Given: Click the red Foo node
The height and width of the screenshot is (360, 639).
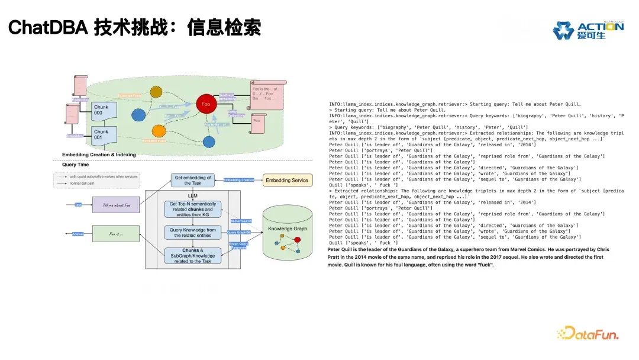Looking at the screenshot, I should tap(205, 104).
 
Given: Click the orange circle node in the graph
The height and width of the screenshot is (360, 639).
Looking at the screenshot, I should tap(159, 131).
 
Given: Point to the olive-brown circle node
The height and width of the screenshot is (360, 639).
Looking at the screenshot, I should tap(156, 92).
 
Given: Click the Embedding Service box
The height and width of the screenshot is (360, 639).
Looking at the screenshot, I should tap(286, 180).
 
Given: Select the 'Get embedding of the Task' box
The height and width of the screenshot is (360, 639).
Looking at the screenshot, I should tap(192, 180).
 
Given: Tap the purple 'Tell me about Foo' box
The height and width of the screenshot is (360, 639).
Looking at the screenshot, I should tap(115, 205).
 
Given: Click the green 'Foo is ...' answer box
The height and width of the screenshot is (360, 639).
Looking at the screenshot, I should tap(115, 234).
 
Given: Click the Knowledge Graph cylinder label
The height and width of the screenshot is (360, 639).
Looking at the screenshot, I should tap(288, 229).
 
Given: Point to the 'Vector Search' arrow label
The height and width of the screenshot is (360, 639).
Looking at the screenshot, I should tap(241, 221).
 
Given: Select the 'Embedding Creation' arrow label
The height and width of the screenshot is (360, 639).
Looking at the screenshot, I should tap(238, 180).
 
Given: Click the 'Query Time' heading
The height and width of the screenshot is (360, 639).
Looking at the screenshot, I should tap(76, 165).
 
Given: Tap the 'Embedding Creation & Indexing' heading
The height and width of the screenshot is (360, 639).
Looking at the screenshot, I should tap(99, 155).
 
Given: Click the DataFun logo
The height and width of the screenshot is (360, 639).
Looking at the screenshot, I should tap(588, 333).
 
